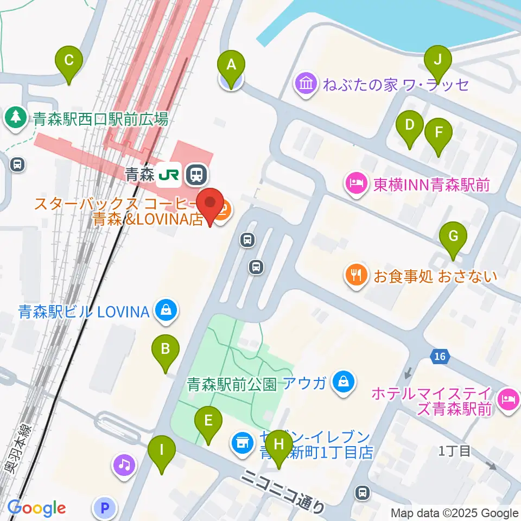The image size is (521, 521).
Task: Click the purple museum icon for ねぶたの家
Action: (x=306, y=84)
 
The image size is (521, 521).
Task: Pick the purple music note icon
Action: (x=124, y=465)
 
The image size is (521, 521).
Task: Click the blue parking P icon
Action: (x=106, y=508)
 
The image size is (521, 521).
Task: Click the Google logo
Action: (x=37, y=508)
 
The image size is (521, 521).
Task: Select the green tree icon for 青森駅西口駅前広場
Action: (x=16, y=118)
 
